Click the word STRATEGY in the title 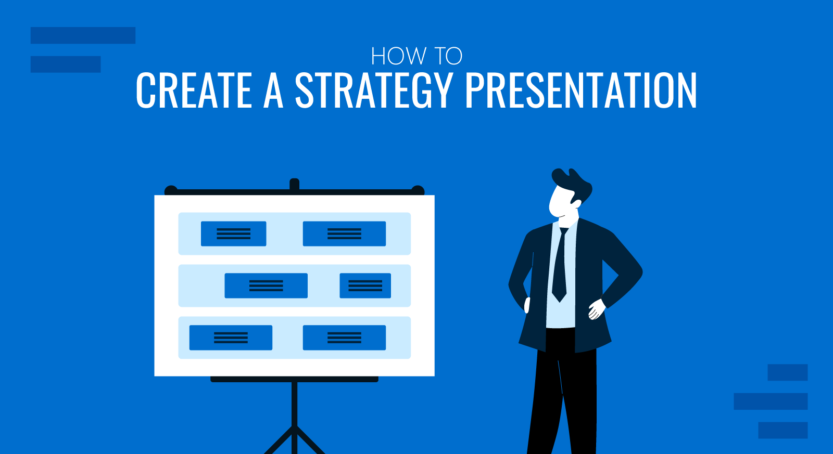[x=373, y=91]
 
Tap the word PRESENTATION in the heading [x=580, y=91]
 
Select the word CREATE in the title [x=194, y=91]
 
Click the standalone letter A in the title [x=273, y=91]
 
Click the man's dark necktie [x=560, y=268]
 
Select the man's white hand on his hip [x=596, y=310]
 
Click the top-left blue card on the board [x=233, y=234]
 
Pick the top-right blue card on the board [x=344, y=234]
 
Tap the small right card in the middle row [x=365, y=286]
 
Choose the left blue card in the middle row [x=266, y=286]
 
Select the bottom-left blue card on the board [x=231, y=338]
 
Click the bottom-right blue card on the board [x=344, y=338]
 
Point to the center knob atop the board [x=294, y=185]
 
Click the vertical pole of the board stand [x=295, y=411]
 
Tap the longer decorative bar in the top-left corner [x=83, y=35]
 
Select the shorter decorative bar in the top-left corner [x=66, y=64]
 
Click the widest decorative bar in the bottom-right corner [x=771, y=401]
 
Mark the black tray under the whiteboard [x=294, y=379]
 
